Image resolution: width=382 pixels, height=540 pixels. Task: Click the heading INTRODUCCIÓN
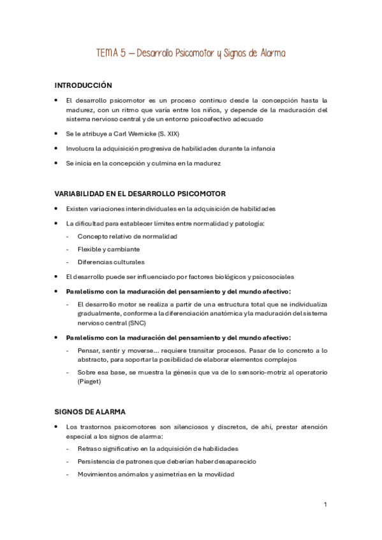pos(83,85)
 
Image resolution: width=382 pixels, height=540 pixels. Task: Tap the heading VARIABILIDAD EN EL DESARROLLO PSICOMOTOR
pos(140,194)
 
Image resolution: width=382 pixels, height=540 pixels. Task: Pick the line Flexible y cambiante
pos(108,249)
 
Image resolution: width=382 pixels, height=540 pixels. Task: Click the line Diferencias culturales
pos(111,262)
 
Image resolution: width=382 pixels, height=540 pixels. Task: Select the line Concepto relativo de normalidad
pos(128,236)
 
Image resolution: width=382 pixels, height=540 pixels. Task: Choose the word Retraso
pos(90,448)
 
